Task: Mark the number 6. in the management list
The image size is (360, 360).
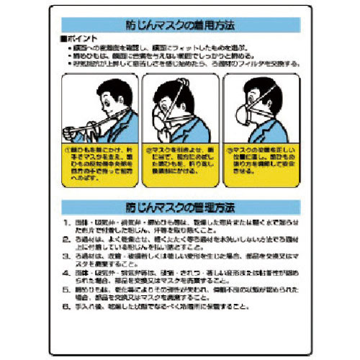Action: [66, 305]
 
